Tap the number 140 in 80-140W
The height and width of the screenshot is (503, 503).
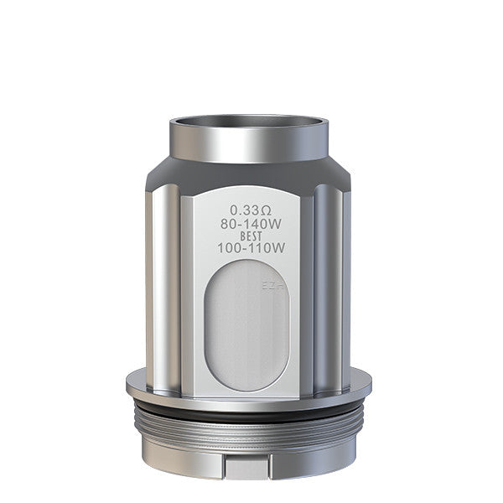click(x=255, y=224)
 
